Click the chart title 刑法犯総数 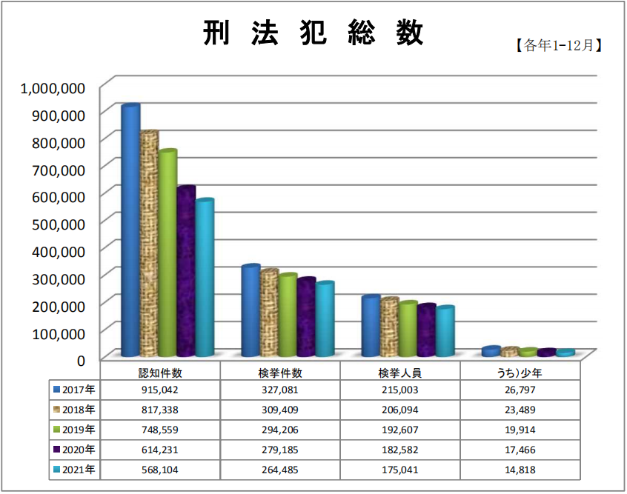(313, 33)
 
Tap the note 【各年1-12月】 (558, 45)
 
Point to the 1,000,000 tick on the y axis (53, 88)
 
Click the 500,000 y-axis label (59, 224)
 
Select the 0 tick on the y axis (82, 361)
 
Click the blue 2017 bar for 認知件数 (130, 230)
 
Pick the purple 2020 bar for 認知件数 (186, 271)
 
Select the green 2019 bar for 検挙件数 (288, 315)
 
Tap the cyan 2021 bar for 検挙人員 (445, 331)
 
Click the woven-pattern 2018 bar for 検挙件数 (269, 313)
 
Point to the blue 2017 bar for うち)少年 (491, 351)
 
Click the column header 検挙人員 (400, 373)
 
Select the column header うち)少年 (520, 373)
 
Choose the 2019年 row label (74, 430)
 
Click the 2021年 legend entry (74, 470)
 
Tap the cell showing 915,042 (160, 390)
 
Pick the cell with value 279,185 (280, 450)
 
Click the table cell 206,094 (400, 410)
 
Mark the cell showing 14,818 (520, 470)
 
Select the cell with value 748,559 (160, 430)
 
